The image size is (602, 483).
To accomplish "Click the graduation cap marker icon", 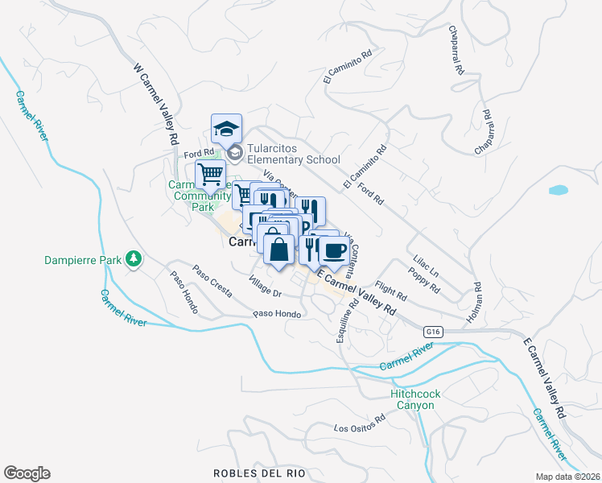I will (x=227, y=129).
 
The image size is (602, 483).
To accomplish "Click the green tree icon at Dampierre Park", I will (x=134, y=259).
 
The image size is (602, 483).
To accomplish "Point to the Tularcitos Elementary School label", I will (x=294, y=154).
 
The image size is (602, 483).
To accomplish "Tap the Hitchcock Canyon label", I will (x=413, y=399).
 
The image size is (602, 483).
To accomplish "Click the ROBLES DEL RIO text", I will (x=259, y=473).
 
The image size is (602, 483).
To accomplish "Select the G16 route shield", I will (x=434, y=331).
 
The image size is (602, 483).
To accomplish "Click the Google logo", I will (x=27, y=473).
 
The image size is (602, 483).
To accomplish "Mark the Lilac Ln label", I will (x=425, y=266).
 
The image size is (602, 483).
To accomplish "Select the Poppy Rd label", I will (x=425, y=282).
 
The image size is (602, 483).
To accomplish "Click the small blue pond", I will (x=557, y=191).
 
